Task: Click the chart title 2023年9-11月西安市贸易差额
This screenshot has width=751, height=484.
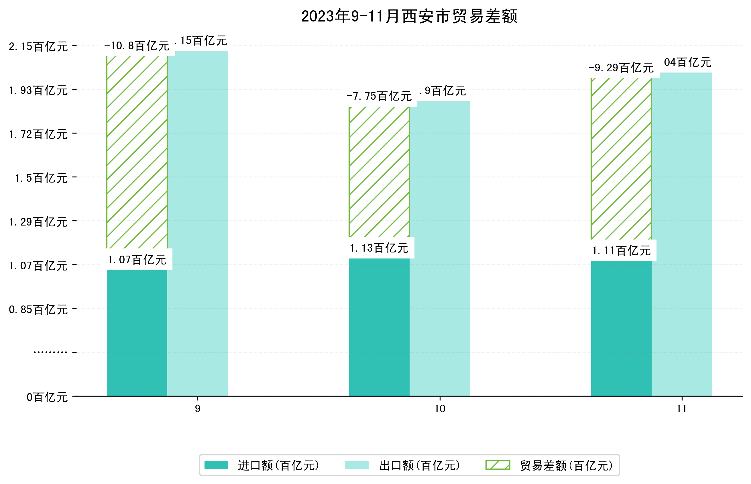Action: [409, 16]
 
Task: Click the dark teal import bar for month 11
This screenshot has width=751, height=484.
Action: [621, 328]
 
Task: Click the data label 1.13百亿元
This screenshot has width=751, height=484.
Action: [379, 248]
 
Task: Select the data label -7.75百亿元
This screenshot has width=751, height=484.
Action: [379, 96]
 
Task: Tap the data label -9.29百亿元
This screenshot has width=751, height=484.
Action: [621, 68]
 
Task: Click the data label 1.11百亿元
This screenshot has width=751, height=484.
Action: [621, 251]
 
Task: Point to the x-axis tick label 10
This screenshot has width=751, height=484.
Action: [440, 409]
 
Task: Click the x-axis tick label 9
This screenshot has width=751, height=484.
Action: [198, 409]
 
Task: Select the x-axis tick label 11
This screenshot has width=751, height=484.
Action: [682, 409]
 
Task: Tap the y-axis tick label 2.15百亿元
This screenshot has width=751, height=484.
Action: [38, 47]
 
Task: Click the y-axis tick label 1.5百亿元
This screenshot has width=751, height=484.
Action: [42, 178]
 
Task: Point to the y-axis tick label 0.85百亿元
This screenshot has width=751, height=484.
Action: [38, 310]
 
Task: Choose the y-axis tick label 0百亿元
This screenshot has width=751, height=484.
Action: [47, 397]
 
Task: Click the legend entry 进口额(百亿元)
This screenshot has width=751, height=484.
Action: [278, 465]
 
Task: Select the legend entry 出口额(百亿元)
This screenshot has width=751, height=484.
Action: [419, 465]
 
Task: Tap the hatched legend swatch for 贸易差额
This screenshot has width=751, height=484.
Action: [498, 465]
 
